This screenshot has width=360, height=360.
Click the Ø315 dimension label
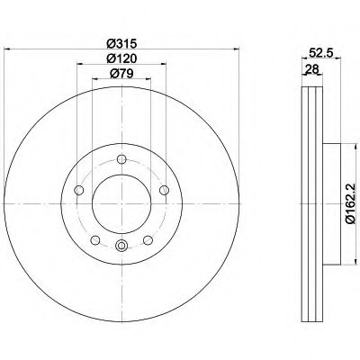click(121, 44)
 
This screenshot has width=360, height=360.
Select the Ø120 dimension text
click(121, 58)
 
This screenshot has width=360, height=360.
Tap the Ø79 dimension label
click(121, 73)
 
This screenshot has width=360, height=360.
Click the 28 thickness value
click(311, 69)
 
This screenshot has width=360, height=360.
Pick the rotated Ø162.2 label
click(350, 203)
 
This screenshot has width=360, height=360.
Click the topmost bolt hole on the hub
click(121, 159)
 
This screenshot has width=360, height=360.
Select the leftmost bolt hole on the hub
click(79, 190)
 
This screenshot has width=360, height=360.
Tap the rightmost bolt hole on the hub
click(164, 190)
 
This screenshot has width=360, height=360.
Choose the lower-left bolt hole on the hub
click(95, 240)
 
